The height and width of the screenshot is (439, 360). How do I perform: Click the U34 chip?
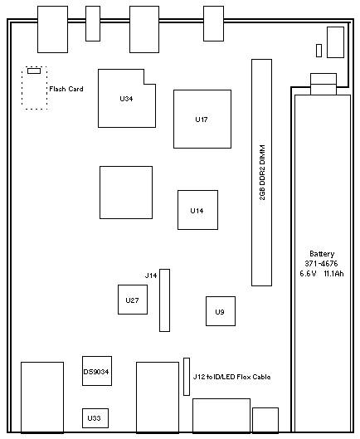pos(127,99)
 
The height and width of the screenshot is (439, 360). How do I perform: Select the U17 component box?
pos(202,119)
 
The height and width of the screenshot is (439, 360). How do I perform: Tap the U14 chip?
pos(197,210)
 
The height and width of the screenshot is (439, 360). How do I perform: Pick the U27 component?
pos(133,300)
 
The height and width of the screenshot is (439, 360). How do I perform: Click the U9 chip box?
pos(221,311)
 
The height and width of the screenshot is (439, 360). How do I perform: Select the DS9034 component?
pos(97,371)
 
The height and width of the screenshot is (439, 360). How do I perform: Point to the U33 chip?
pos(95,418)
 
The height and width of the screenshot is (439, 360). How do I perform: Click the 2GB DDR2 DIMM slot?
pos(261,173)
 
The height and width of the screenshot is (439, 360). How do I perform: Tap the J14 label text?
pos(151,276)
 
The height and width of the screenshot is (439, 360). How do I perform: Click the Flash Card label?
pos(66,89)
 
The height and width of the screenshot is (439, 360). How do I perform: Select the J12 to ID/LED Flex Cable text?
pos(231,377)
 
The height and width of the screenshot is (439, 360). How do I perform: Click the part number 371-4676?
pos(321,263)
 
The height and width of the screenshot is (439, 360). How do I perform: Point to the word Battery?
pos(322,254)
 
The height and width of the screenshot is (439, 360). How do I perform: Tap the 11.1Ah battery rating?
pos(333,274)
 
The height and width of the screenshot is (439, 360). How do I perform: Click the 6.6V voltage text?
pos(308,274)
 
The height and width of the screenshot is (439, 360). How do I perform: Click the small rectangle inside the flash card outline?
pos(34,71)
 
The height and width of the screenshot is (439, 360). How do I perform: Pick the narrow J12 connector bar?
pos(187,377)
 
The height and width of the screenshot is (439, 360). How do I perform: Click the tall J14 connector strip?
pos(164,300)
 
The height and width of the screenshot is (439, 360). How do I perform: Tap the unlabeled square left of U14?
pos(126,193)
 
